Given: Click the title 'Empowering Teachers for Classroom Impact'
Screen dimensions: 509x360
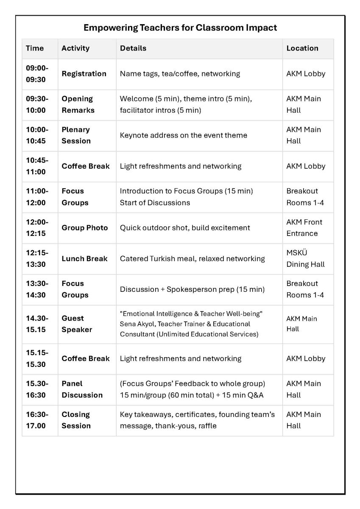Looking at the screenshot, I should (180, 28).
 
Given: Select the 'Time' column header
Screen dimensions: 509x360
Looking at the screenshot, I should (35, 48).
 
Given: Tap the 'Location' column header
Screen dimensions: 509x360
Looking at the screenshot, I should (302, 48).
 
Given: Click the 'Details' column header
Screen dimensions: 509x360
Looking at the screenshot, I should (133, 48).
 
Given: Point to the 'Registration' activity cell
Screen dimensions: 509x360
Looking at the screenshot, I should (84, 74).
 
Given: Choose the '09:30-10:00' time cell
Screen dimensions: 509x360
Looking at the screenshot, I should (37, 104).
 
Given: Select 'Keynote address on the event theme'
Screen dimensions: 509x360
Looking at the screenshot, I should (183, 135).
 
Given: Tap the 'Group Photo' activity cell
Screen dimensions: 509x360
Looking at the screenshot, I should (85, 228).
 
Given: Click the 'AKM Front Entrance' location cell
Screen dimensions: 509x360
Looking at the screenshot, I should (304, 228).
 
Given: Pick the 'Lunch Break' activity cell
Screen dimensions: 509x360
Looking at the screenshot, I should (85, 259).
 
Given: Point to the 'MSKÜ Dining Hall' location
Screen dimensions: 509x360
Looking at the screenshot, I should (305, 259).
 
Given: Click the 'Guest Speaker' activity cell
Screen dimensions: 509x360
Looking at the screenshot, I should (77, 324).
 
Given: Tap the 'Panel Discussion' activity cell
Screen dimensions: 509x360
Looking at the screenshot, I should (82, 389).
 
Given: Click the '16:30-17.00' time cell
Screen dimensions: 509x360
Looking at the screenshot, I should (37, 420).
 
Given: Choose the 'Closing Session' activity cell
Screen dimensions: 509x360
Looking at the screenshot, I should (76, 420).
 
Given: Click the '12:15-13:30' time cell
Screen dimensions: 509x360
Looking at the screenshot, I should (37, 259).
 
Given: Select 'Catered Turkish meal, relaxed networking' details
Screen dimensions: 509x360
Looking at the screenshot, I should (192, 259).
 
